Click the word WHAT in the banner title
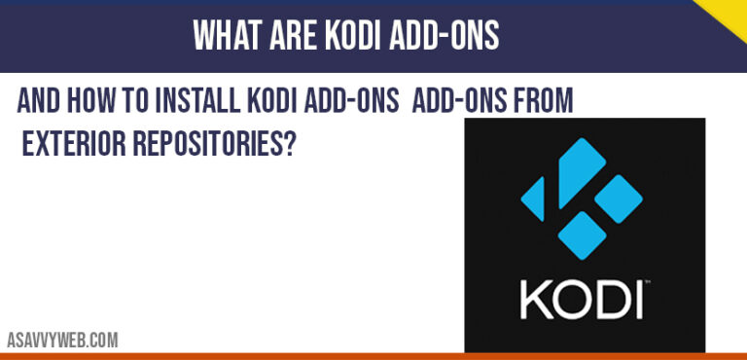pyautogui.click(x=226, y=36)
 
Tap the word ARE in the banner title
pyautogui.click(x=290, y=36)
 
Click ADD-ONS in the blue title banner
pyautogui.click(x=443, y=36)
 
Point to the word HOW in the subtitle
pyautogui.click(x=96, y=101)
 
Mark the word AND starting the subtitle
pyautogui.click(x=40, y=101)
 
